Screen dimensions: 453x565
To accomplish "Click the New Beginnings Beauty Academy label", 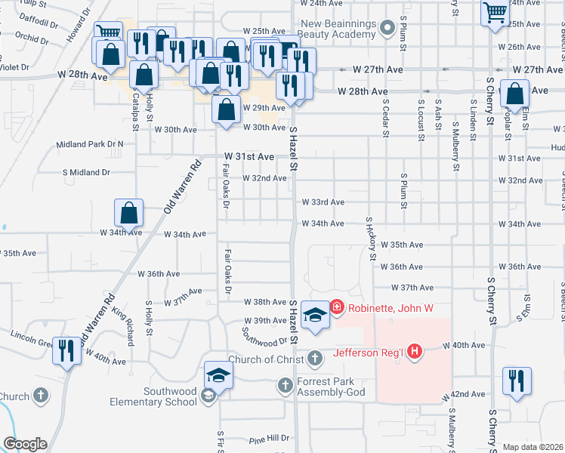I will (338, 29).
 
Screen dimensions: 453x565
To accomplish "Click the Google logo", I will (24, 444).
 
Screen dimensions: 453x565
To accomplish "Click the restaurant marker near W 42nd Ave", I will (517, 381).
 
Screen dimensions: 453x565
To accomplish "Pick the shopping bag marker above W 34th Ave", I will (129, 213).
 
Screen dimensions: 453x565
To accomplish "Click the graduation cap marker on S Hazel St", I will (314, 315).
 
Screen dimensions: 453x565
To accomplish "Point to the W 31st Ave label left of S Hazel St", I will (249, 156).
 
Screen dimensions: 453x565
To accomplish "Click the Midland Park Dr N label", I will (90, 143).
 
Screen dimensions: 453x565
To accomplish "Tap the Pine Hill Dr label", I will (269, 438).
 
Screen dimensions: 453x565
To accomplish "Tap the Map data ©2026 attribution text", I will (533, 447).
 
